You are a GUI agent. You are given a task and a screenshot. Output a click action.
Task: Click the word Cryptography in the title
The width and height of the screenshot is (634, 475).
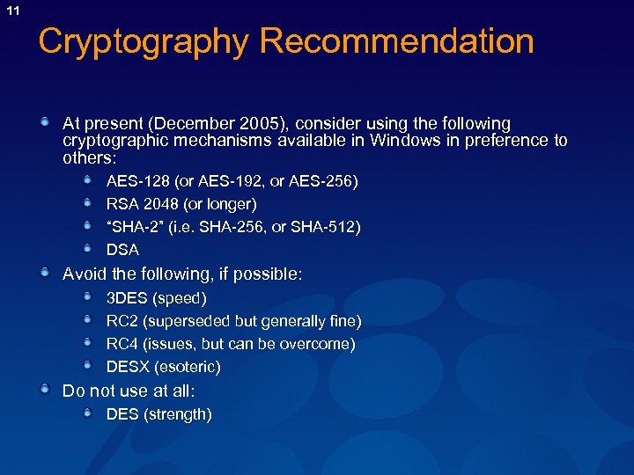point(143,41)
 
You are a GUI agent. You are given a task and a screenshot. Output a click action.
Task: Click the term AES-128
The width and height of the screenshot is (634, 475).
point(138,181)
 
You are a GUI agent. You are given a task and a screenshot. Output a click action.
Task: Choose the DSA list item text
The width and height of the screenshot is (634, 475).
point(122,250)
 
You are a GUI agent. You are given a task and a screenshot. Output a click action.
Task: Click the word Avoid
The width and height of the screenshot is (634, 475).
point(83,274)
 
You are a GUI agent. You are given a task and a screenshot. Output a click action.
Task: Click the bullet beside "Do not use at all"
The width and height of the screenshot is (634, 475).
point(45,390)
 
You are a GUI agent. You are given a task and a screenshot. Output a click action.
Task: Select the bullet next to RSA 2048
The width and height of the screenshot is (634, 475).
point(88,203)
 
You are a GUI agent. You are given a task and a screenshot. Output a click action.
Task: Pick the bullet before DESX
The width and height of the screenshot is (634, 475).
point(88,366)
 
